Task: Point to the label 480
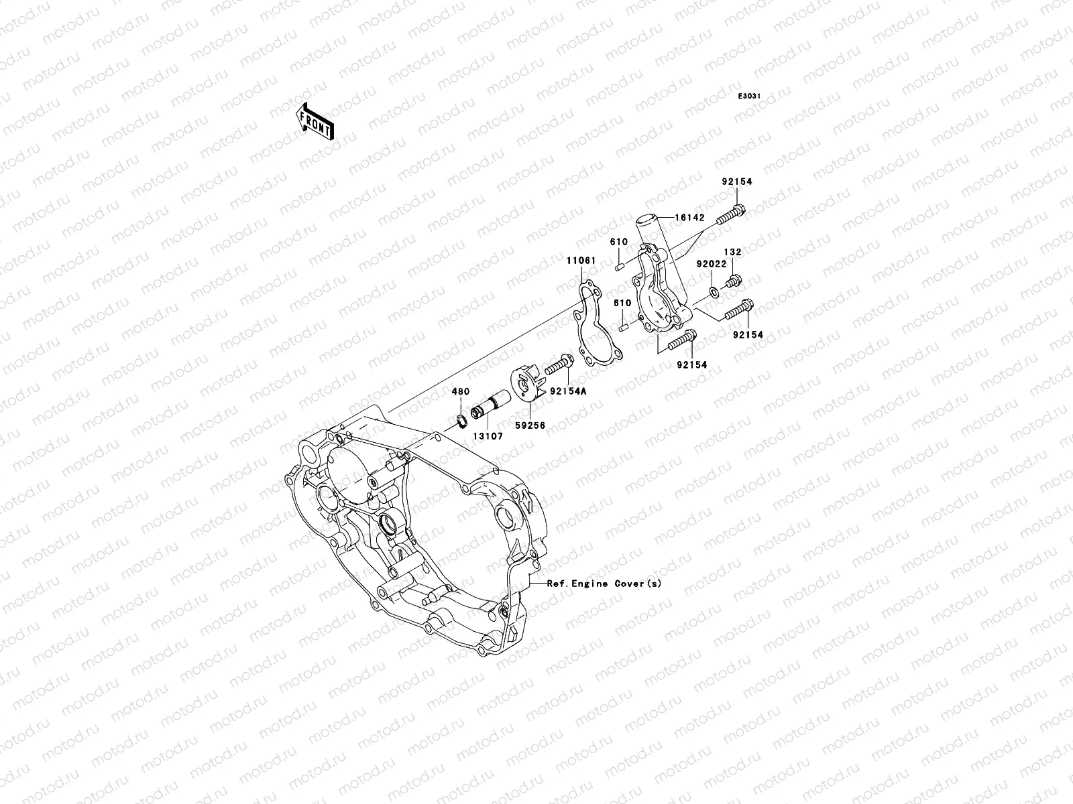click(460, 391)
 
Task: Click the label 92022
click(710, 264)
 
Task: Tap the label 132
click(732, 252)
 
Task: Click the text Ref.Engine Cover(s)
click(604, 584)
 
